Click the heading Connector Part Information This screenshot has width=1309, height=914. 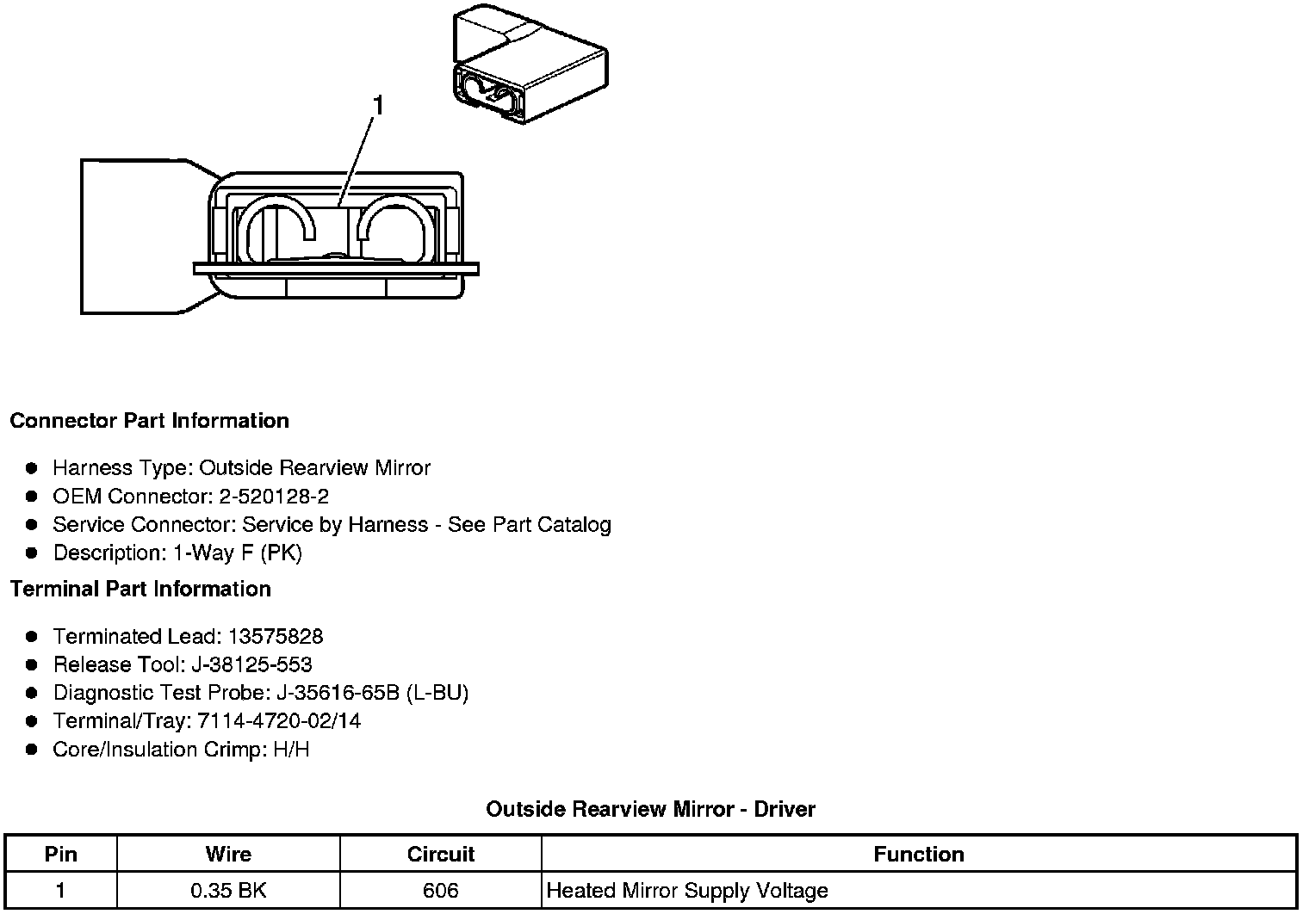pos(149,421)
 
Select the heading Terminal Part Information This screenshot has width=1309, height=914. pos(140,589)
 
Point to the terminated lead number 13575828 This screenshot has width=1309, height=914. pos(276,637)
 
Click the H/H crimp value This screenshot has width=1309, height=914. pos(290,750)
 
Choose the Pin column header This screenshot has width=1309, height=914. pos(60,855)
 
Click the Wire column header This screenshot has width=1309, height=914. pos(228,855)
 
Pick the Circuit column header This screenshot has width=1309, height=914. pos(441,855)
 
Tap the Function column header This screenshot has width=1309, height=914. pos(919,855)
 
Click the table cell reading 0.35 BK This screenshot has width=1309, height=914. pos(228,890)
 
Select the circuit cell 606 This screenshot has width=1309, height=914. pos(441,890)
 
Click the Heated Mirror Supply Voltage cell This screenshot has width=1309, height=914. pos(687,890)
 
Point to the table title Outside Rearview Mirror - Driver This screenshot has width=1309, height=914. pos(650,809)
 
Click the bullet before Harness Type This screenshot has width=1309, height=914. pos(32,468)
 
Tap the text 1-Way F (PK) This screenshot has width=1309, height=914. pos(238,553)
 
